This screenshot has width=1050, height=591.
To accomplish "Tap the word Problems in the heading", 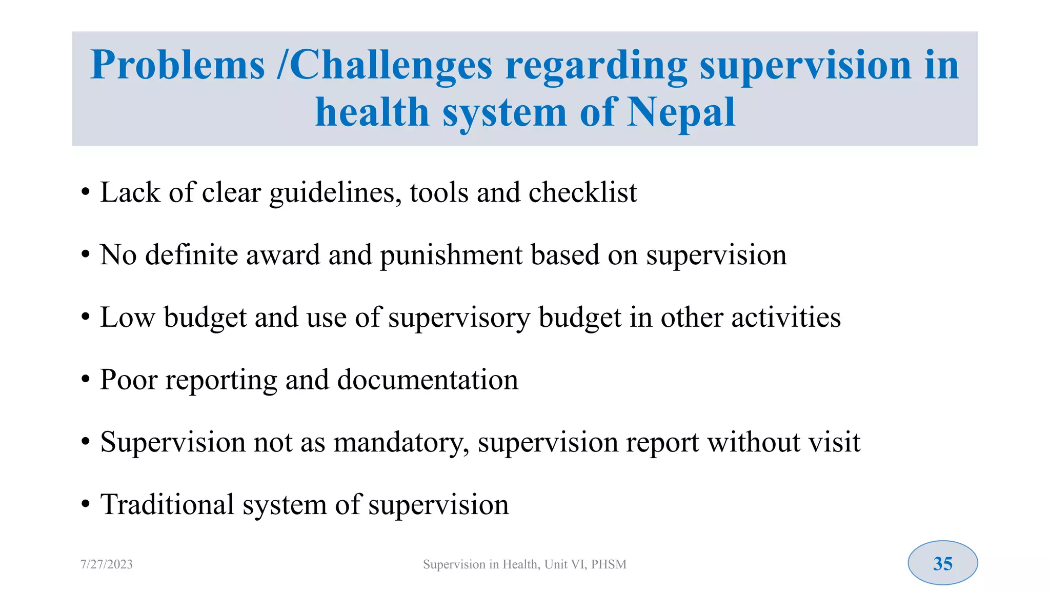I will [177, 65].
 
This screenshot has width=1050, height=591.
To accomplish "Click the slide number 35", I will [942, 563].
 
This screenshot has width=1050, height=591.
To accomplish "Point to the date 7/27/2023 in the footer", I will [107, 564].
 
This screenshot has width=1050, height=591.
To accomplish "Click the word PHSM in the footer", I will [609, 564].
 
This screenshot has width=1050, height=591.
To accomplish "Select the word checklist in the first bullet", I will [582, 192].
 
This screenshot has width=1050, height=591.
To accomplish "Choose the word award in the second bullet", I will [283, 254].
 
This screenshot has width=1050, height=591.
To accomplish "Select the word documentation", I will [428, 380].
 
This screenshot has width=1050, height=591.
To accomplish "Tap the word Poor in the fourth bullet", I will [129, 380].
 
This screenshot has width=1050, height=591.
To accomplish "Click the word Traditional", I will [167, 504].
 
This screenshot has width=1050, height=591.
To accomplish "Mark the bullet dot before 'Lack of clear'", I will [86, 193].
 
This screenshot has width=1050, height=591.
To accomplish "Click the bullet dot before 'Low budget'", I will [86, 318].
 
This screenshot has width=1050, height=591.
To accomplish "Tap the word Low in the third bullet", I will [127, 317].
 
